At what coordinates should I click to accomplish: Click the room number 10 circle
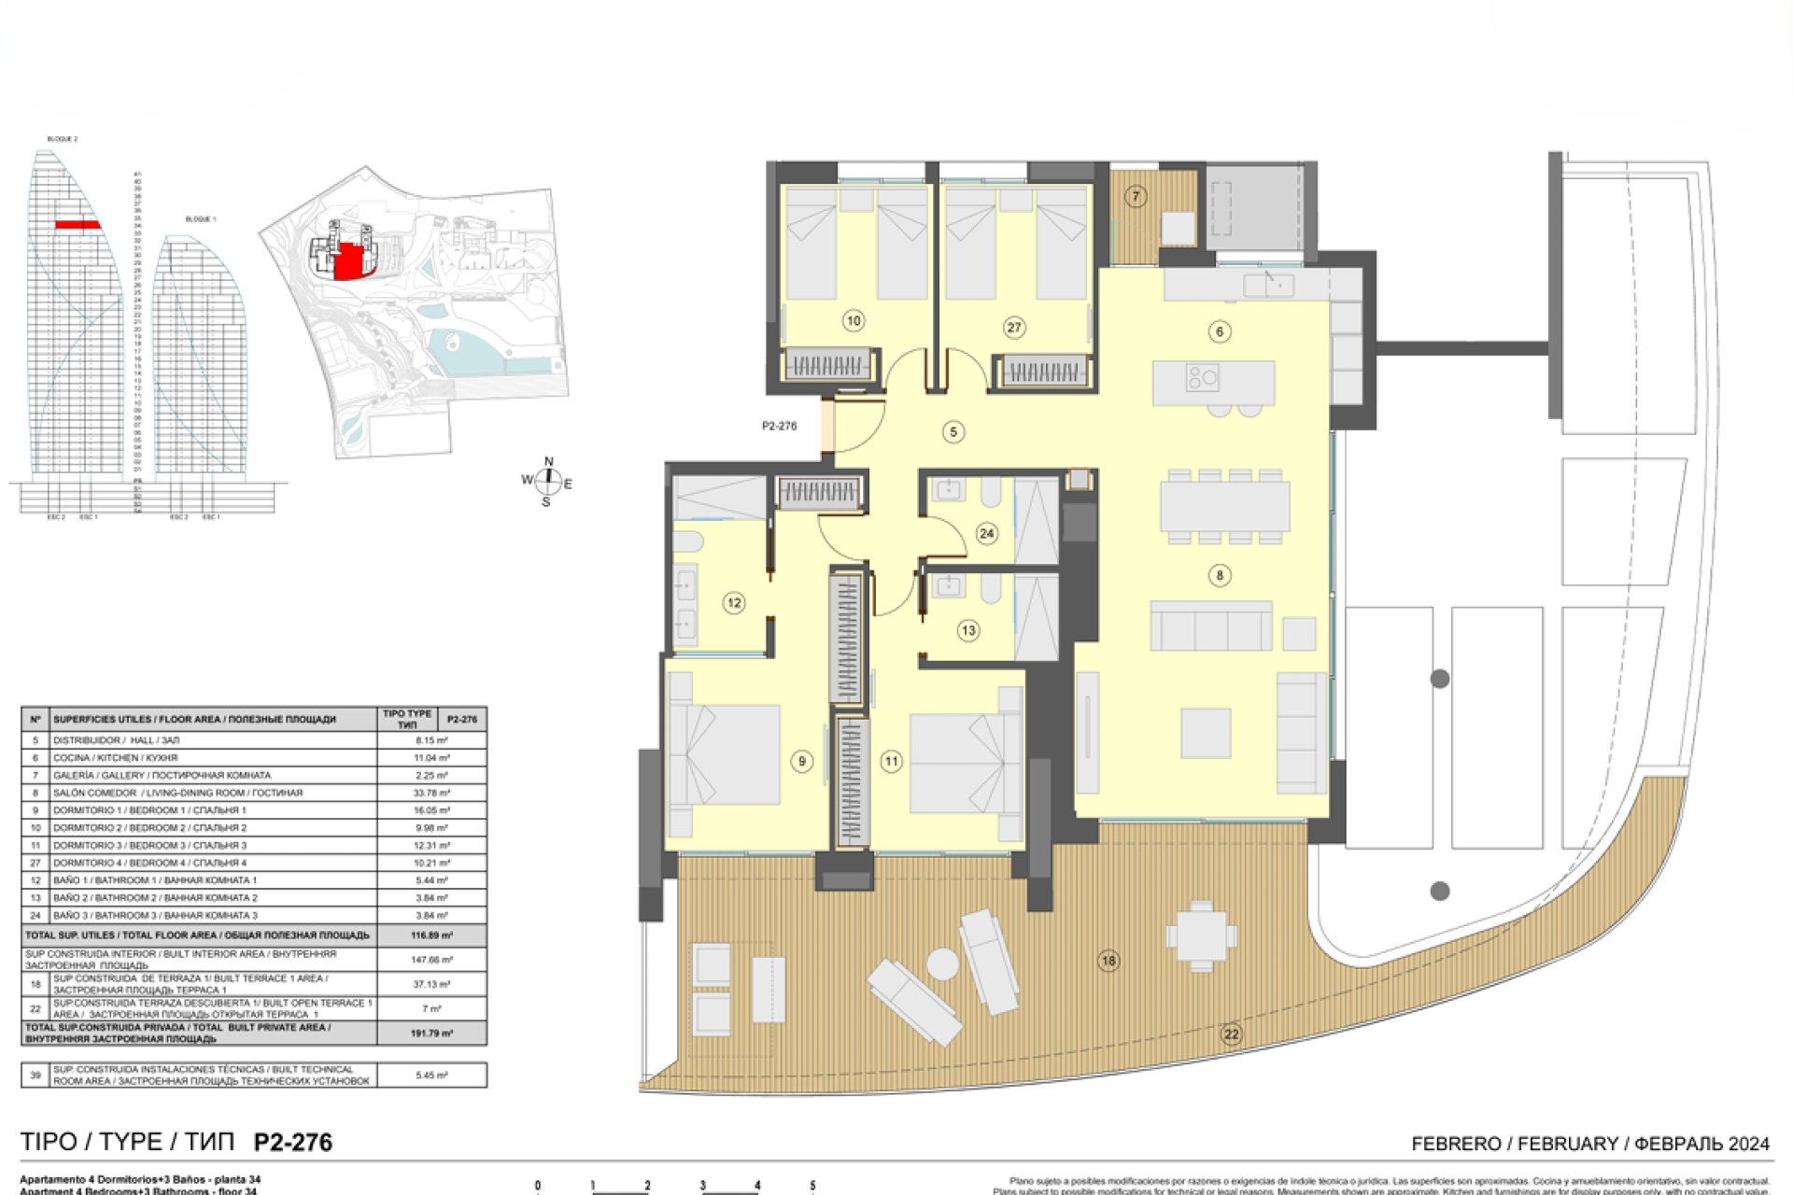coord(853,321)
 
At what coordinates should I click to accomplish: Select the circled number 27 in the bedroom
coord(1014,328)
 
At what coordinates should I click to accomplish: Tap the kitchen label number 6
coord(1219,331)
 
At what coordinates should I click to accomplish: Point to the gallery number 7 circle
coord(1136,196)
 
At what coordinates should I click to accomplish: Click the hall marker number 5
coord(953,432)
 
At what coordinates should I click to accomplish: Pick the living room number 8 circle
coord(1219,575)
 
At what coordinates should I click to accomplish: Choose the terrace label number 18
coord(1108,960)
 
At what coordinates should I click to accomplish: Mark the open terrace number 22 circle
coord(1231,1033)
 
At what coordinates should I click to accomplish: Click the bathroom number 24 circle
coord(986,533)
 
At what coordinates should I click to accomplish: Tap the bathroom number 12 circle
coord(734,603)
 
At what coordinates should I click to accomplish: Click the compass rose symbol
coord(547,482)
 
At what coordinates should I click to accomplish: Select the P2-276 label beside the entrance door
coord(779,426)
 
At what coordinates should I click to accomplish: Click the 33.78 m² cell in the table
coord(431,793)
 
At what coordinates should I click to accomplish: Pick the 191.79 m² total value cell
coord(431,1033)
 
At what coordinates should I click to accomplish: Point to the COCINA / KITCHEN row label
coord(115,758)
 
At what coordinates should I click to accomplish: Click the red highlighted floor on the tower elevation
coord(78,225)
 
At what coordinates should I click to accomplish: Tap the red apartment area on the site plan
coord(349,261)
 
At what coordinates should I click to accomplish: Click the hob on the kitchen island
coord(1202,378)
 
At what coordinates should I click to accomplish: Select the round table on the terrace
coord(942,963)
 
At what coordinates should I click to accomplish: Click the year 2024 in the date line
coord(1748,1144)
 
